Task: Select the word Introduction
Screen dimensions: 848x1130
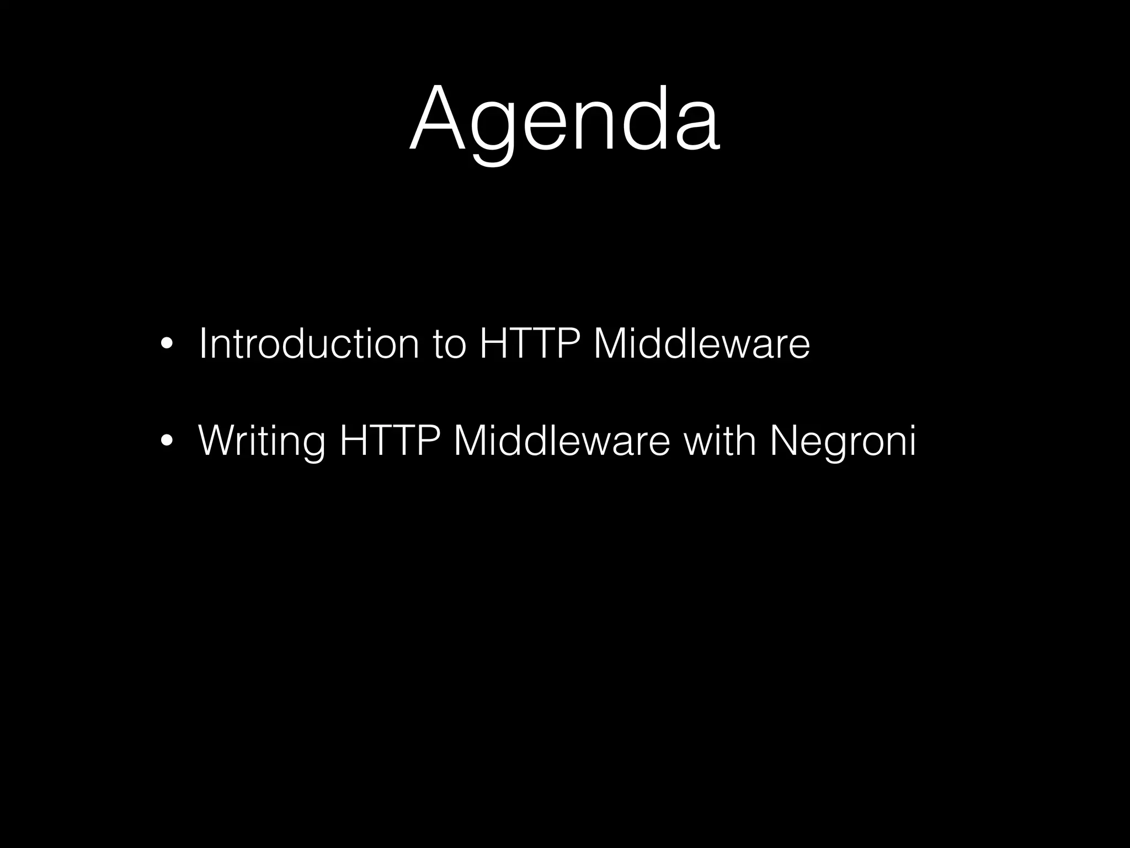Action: pyautogui.click(x=308, y=343)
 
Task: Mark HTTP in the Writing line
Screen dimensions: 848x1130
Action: pyautogui.click(x=390, y=440)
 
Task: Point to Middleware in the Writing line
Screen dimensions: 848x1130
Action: pyautogui.click(x=561, y=440)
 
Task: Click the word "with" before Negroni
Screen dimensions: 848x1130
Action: pyautogui.click(x=719, y=440)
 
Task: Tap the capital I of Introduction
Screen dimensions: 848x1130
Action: pyautogui.click(x=202, y=343)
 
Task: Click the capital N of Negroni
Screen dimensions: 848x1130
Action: pyautogui.click(x=783, y=440)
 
